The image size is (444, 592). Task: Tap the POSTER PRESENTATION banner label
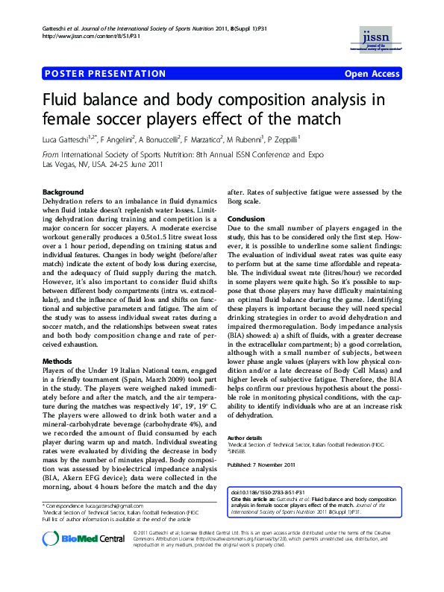[x=104, y=74]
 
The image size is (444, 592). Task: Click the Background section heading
[x=63, y=192]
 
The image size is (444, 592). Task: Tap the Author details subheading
[x=246, y=437]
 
